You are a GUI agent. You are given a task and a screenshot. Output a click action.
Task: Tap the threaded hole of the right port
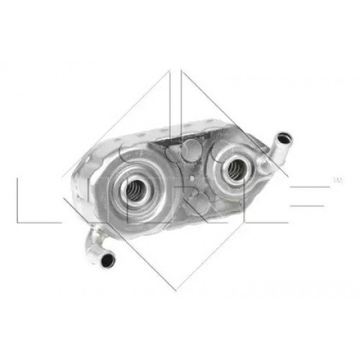pos(235,170)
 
